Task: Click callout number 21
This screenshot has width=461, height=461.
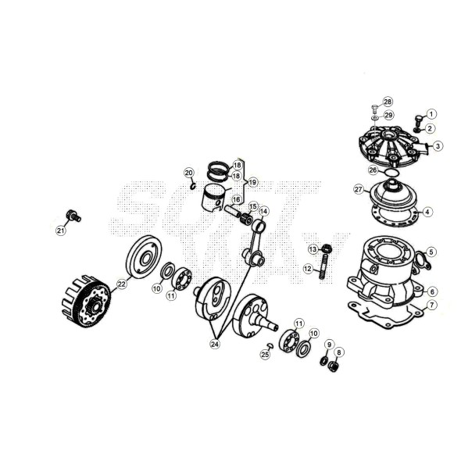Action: pos(61,230)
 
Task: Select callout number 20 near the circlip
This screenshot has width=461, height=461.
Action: pos(188,172)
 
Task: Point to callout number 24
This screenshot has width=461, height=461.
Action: pos(215,341)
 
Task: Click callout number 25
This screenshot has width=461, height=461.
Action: pos(265,354)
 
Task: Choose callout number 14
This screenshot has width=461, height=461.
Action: pos(264,211)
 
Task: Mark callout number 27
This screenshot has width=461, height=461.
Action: pos(359,190)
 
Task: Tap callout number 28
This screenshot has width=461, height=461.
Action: pos(388,102)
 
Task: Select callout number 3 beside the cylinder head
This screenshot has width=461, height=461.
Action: pos(438,145)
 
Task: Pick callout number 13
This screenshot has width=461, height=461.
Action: pos(312,249)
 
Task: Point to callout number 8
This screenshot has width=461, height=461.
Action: pos(338,352)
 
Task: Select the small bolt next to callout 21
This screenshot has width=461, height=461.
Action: pos(73,213)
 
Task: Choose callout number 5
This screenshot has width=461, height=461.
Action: pos(431,252)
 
